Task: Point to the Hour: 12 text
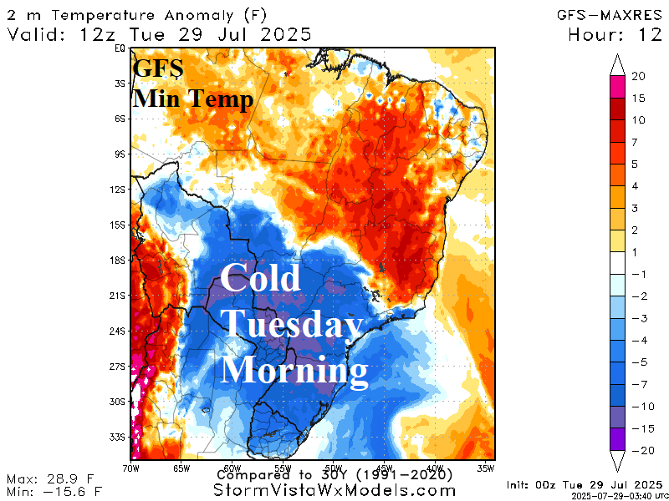(x=614, y=35)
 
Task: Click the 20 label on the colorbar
(x=638, y=76)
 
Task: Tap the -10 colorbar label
(x=638, y=407)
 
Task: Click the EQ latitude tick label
(x=120, y=48)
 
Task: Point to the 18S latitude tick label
(x=120, y=261)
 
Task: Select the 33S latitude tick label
(x=120, y=437)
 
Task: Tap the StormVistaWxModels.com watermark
(x=333, y=491)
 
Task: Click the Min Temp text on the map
(x=193, y=100)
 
